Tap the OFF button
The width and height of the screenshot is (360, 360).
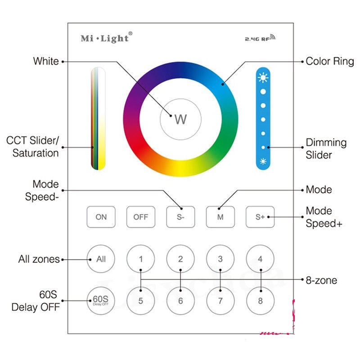[x=141, y=217]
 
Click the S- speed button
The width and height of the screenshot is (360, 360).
[x=180, y=217]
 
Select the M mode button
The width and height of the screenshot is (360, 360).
[x=220, y=217]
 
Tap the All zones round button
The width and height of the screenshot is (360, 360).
[x=101, y=259]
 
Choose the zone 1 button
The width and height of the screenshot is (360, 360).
[x=141, y=259]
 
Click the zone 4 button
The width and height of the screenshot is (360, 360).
[x=260, y=259]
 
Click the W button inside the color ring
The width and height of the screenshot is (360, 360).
[x=180, y=119]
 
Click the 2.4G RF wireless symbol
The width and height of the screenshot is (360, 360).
[x=260, y=39]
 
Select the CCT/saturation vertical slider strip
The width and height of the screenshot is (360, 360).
[x=98, y=119]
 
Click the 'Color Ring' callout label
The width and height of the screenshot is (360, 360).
[x=329, y=61]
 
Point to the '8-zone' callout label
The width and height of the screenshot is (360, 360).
[x=321, y=280]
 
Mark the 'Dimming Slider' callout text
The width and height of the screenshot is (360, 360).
[x=326, y=149]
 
